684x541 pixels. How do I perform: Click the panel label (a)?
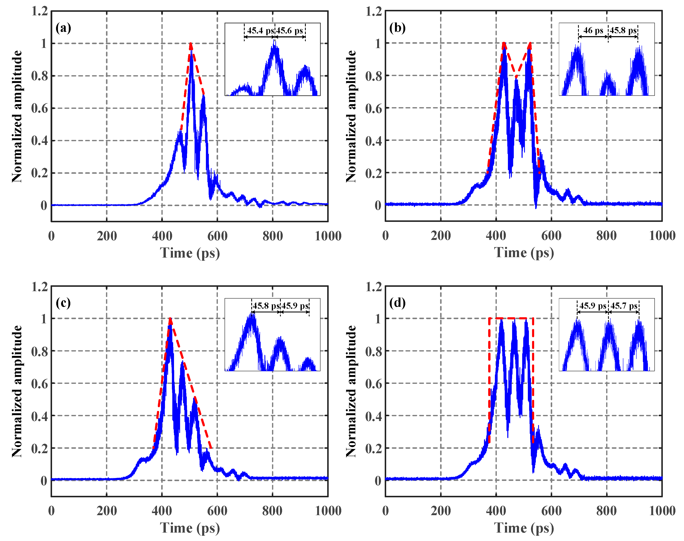coord(63,28)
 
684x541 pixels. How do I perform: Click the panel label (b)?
coord(397,28)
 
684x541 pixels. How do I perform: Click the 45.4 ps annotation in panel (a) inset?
coord(260,31)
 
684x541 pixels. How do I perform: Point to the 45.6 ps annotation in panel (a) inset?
coord(289,31)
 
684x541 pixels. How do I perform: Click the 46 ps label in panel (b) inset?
coord(593,31)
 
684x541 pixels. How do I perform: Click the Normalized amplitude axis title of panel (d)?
coord(351,391)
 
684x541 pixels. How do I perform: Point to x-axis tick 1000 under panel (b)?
coord(662,236)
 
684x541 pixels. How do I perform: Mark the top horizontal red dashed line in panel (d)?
coord(511,318)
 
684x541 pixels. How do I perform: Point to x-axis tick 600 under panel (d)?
coord(551,511)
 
